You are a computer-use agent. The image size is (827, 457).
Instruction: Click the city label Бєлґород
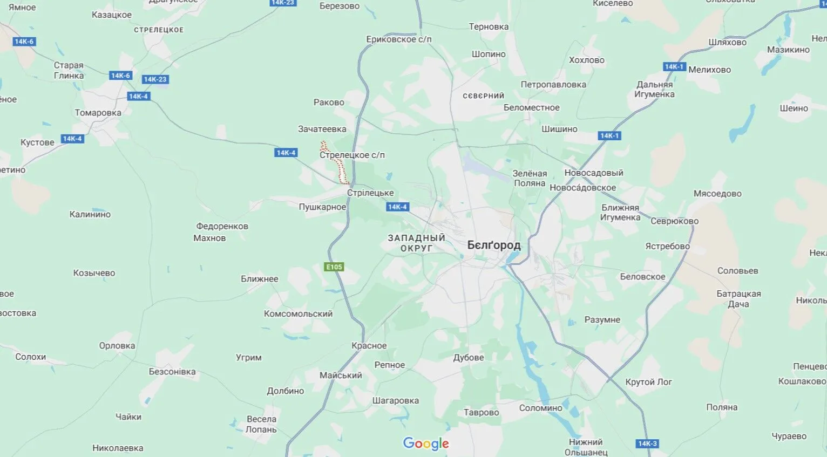(494, 245)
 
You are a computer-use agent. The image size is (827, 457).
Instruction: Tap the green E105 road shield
(334, 267)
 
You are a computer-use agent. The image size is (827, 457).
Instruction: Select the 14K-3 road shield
(647, 444)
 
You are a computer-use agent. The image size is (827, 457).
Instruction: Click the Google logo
(426, 444)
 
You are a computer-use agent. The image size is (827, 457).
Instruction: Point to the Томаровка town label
(98, 113)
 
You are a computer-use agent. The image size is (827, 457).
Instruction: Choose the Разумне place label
(602, 320)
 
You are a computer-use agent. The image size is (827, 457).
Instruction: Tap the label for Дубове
(468, 358)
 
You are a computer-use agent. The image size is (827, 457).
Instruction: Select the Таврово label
(481, 413)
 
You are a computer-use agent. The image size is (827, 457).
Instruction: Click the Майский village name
(341, 376)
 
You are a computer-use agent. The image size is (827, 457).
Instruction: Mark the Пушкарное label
(322, 207)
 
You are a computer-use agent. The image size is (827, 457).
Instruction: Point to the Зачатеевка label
(322, 129)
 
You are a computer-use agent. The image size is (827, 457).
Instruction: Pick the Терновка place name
(489, 27)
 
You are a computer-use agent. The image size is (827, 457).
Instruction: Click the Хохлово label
(586, 60)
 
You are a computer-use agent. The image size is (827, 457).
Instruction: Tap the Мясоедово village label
(717, 194)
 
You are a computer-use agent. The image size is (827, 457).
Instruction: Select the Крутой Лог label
(648, 382)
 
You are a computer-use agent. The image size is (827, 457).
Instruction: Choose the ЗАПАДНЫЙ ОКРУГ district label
(416, 243)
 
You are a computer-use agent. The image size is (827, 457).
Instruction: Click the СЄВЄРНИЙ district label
(483, 96)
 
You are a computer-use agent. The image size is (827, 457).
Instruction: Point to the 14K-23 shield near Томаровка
(155, 79)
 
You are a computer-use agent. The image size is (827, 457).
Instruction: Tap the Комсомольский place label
(298, 314)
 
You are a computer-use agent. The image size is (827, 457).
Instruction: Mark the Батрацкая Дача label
(738, 299)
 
